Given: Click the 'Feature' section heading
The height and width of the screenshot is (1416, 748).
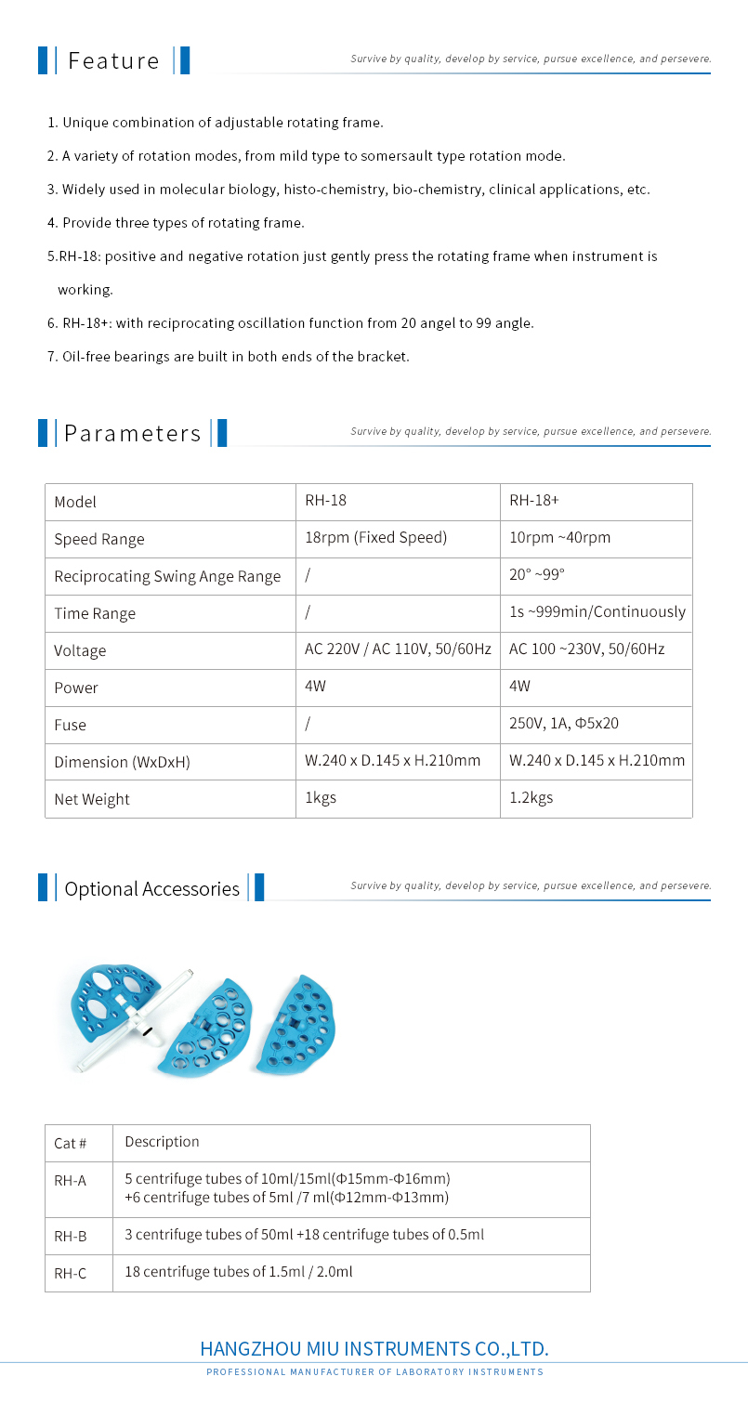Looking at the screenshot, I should click(113, 60).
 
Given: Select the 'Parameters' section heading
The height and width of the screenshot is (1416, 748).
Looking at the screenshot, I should click(132, 433).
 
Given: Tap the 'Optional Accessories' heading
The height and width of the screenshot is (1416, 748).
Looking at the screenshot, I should click(151, 888).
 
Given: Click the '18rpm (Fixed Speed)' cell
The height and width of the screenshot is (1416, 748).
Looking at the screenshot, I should click(375, 538).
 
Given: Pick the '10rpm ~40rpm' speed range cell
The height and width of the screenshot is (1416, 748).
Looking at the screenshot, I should click(559, 538).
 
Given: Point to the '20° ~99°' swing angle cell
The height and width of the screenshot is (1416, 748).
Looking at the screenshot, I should click(537, 575).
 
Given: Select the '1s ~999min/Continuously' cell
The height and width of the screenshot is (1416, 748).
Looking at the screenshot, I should click(597, 612).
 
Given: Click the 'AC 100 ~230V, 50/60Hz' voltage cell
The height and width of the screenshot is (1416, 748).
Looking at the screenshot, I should click(586, 649).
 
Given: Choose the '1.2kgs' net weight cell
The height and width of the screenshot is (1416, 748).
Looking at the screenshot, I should click(531, 798).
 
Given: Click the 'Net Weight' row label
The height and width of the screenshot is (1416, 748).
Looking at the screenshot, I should click(92, 799).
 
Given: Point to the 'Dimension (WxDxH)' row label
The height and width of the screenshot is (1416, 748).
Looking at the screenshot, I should click(122, 762).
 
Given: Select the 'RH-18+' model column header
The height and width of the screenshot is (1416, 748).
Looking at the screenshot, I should click(534, 501).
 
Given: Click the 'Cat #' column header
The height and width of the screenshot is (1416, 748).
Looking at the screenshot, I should click(71, 1143).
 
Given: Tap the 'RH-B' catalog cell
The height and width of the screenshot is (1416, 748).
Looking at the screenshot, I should click(71, 1236).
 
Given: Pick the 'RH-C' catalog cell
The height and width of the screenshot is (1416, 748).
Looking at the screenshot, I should click(71, 1273).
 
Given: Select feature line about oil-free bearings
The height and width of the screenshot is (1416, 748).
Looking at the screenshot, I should click(229, 356).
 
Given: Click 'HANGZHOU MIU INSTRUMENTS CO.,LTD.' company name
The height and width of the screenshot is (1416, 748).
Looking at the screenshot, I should click(374, 1349).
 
